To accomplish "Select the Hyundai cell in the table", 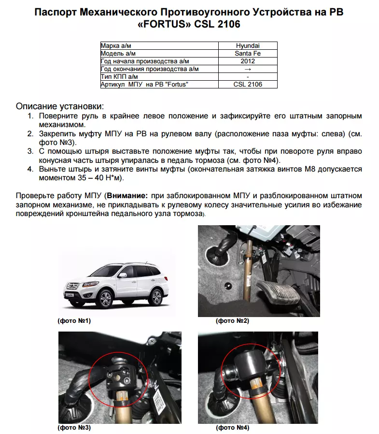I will [247, 46].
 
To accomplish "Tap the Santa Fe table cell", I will [247, 54].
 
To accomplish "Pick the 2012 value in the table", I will [247, 61].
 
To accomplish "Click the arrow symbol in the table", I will [247, 69].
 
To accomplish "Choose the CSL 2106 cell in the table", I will [247, 85].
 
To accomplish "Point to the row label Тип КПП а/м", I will [119, 77].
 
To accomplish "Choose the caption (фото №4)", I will [232, 427].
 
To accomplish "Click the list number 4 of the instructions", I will [30, 169].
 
